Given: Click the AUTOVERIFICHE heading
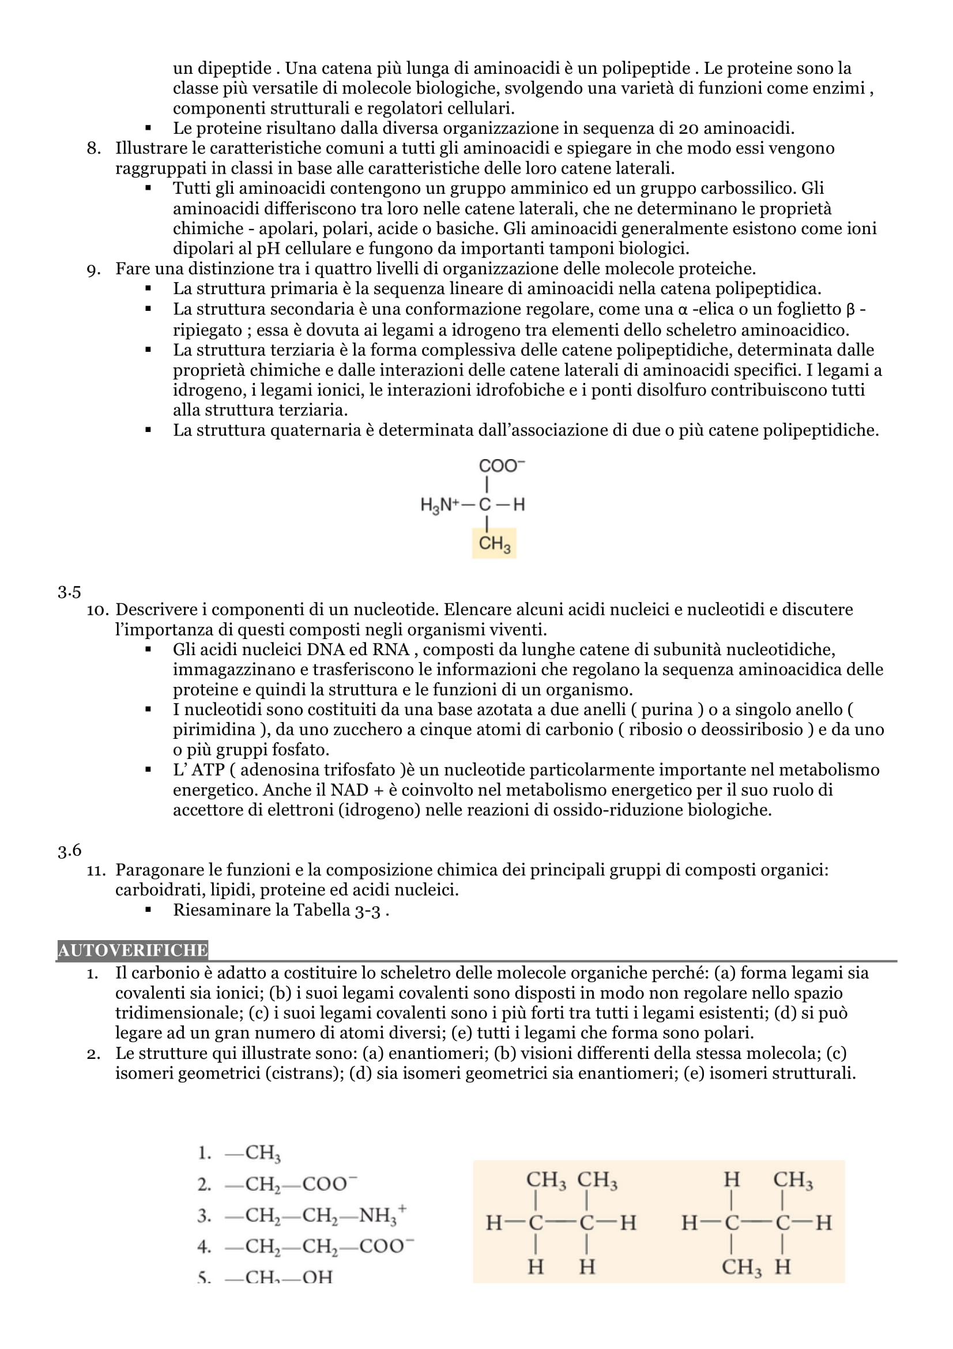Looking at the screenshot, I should (133, 950).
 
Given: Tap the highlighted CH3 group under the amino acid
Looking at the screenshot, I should (495, 543).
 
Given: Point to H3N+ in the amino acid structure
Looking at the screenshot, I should (439, 505).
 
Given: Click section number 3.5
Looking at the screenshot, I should (69, 592).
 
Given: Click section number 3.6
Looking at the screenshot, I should (69, 850).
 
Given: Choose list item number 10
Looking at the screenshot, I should (97, 610).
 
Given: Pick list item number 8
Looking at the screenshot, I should (94, 149).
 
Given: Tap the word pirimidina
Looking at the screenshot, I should (214, 730).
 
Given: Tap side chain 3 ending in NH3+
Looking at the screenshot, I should (315, 1215).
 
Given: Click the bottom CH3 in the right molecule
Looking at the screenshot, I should (741, 1267).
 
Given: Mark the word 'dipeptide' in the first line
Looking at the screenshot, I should (234, 69).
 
